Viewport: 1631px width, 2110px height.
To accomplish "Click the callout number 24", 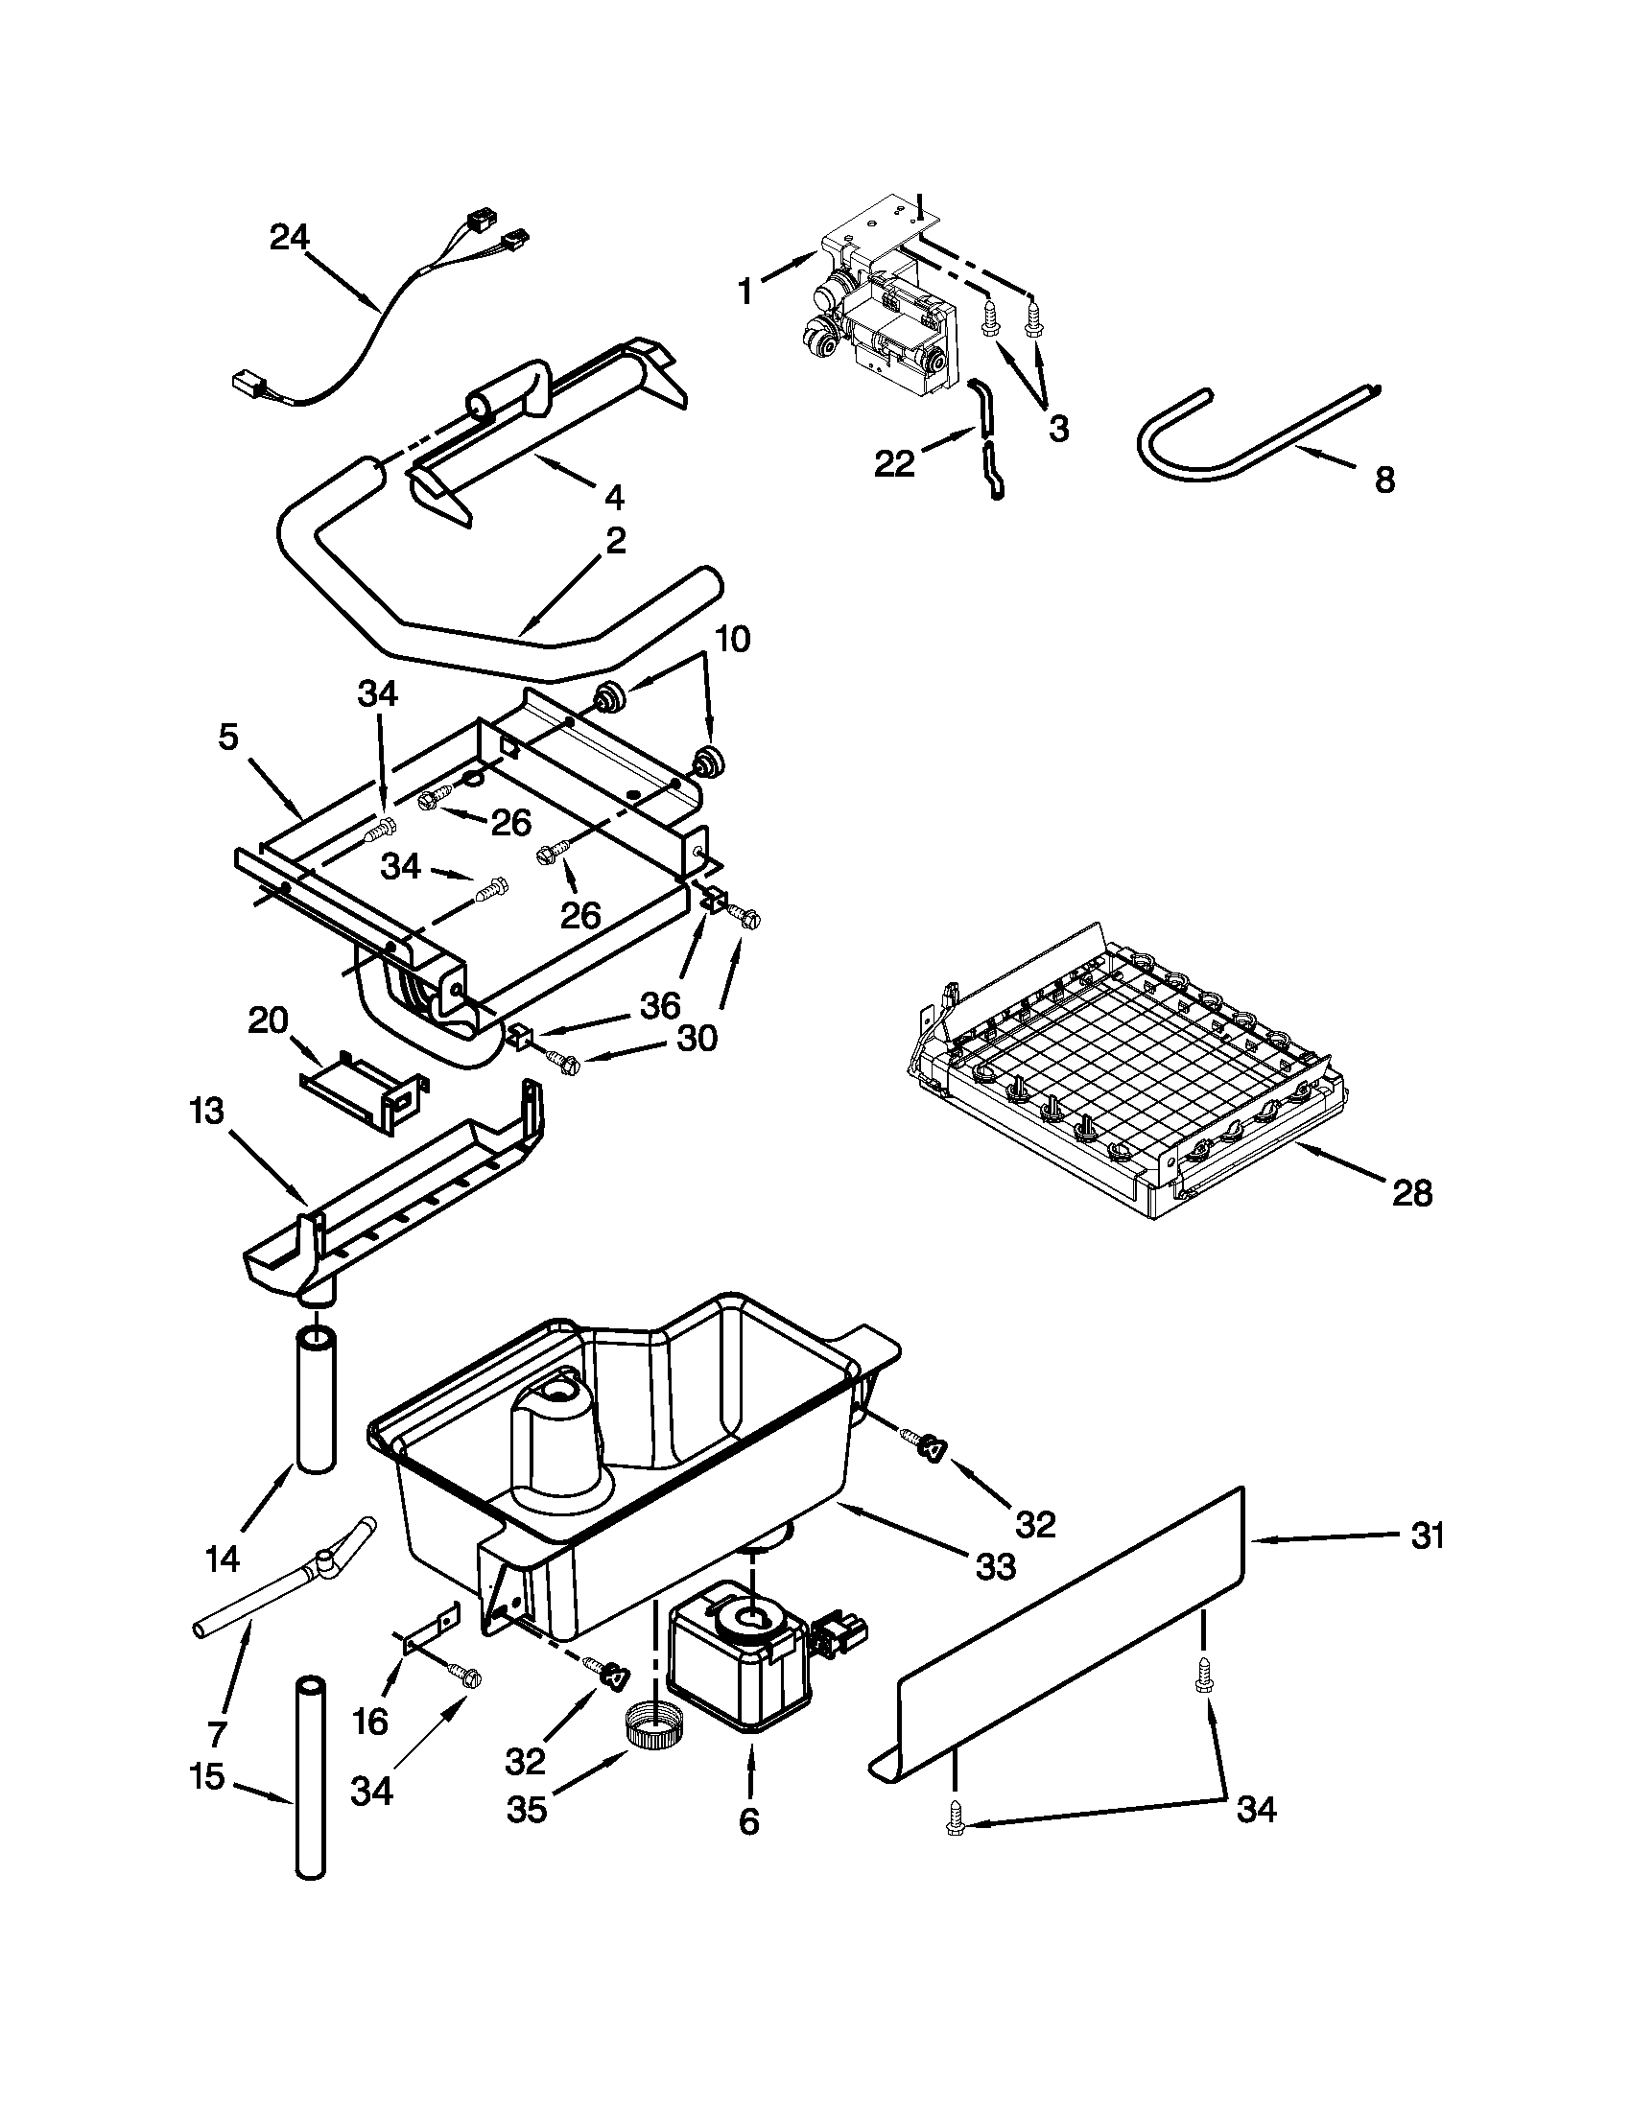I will (x=289, y=238).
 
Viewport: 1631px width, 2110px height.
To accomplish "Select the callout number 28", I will (x=1411, y=1194).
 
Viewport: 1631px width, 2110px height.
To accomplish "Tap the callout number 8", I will (x=1384, y=480).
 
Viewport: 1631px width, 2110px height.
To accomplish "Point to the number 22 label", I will (x=894, y=464).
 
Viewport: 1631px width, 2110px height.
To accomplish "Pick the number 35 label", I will (x=527, y=1809).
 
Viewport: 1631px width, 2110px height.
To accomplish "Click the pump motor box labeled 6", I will (x=739, y=1657).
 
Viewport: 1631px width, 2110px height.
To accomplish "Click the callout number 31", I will (x=1428, y=1536).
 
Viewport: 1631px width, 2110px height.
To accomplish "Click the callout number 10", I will (x=732, y=639).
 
